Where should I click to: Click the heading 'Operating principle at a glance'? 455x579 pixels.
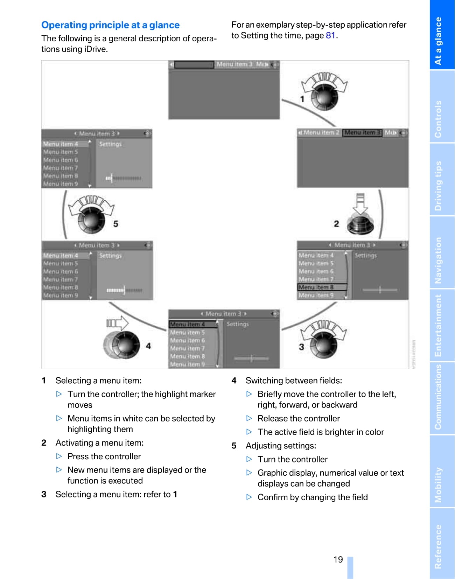pyautogui.click(x=110, y=25)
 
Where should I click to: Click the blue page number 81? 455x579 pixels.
pyautogui.click(x=330, y=36)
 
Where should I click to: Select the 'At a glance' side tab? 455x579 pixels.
pyautogui.click(x=438, y=41)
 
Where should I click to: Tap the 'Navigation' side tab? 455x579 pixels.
pyautogui.click(x=438, y=260)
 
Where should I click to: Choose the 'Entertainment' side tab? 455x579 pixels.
pyautogui.click(x=438, y=326)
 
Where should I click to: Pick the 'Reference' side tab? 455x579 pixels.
pyautogui.click(x=438, y=546)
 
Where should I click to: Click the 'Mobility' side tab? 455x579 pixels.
pyautogui.click(x=438, y=485)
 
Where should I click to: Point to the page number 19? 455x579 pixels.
pyautogui.click(x=338, y=559)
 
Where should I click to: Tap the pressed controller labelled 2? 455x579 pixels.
pyautogui.click(x=360, y=224)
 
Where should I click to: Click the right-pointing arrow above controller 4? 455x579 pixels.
pyautogui.click(x=118, y=323)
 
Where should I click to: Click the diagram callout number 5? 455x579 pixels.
pyautogui.click(x=115, y=224)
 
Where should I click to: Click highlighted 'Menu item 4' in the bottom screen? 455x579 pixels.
pyautogui.click(x=188, y=325)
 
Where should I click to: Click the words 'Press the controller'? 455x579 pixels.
pyautogui.click(x=104, y=456)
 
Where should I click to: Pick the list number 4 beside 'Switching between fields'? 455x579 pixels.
pyautogui.click(x=234, y=381)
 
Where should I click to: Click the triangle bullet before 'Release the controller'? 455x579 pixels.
pyautogui.click(x=249, y=418)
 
